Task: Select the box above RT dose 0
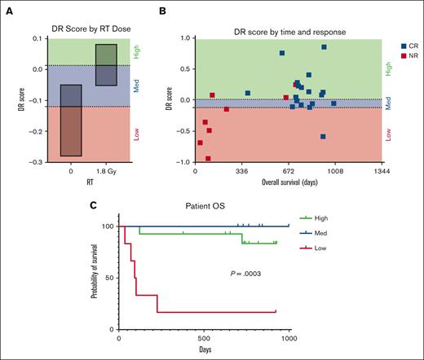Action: pyautogui.click(x=71, y=120)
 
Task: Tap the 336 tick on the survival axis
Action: pyautogui.click(x=242, y=172)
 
